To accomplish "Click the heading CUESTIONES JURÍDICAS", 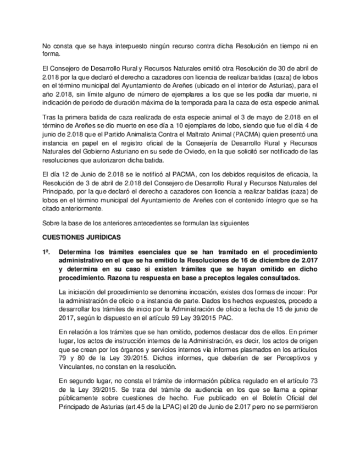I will (81, 237).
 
